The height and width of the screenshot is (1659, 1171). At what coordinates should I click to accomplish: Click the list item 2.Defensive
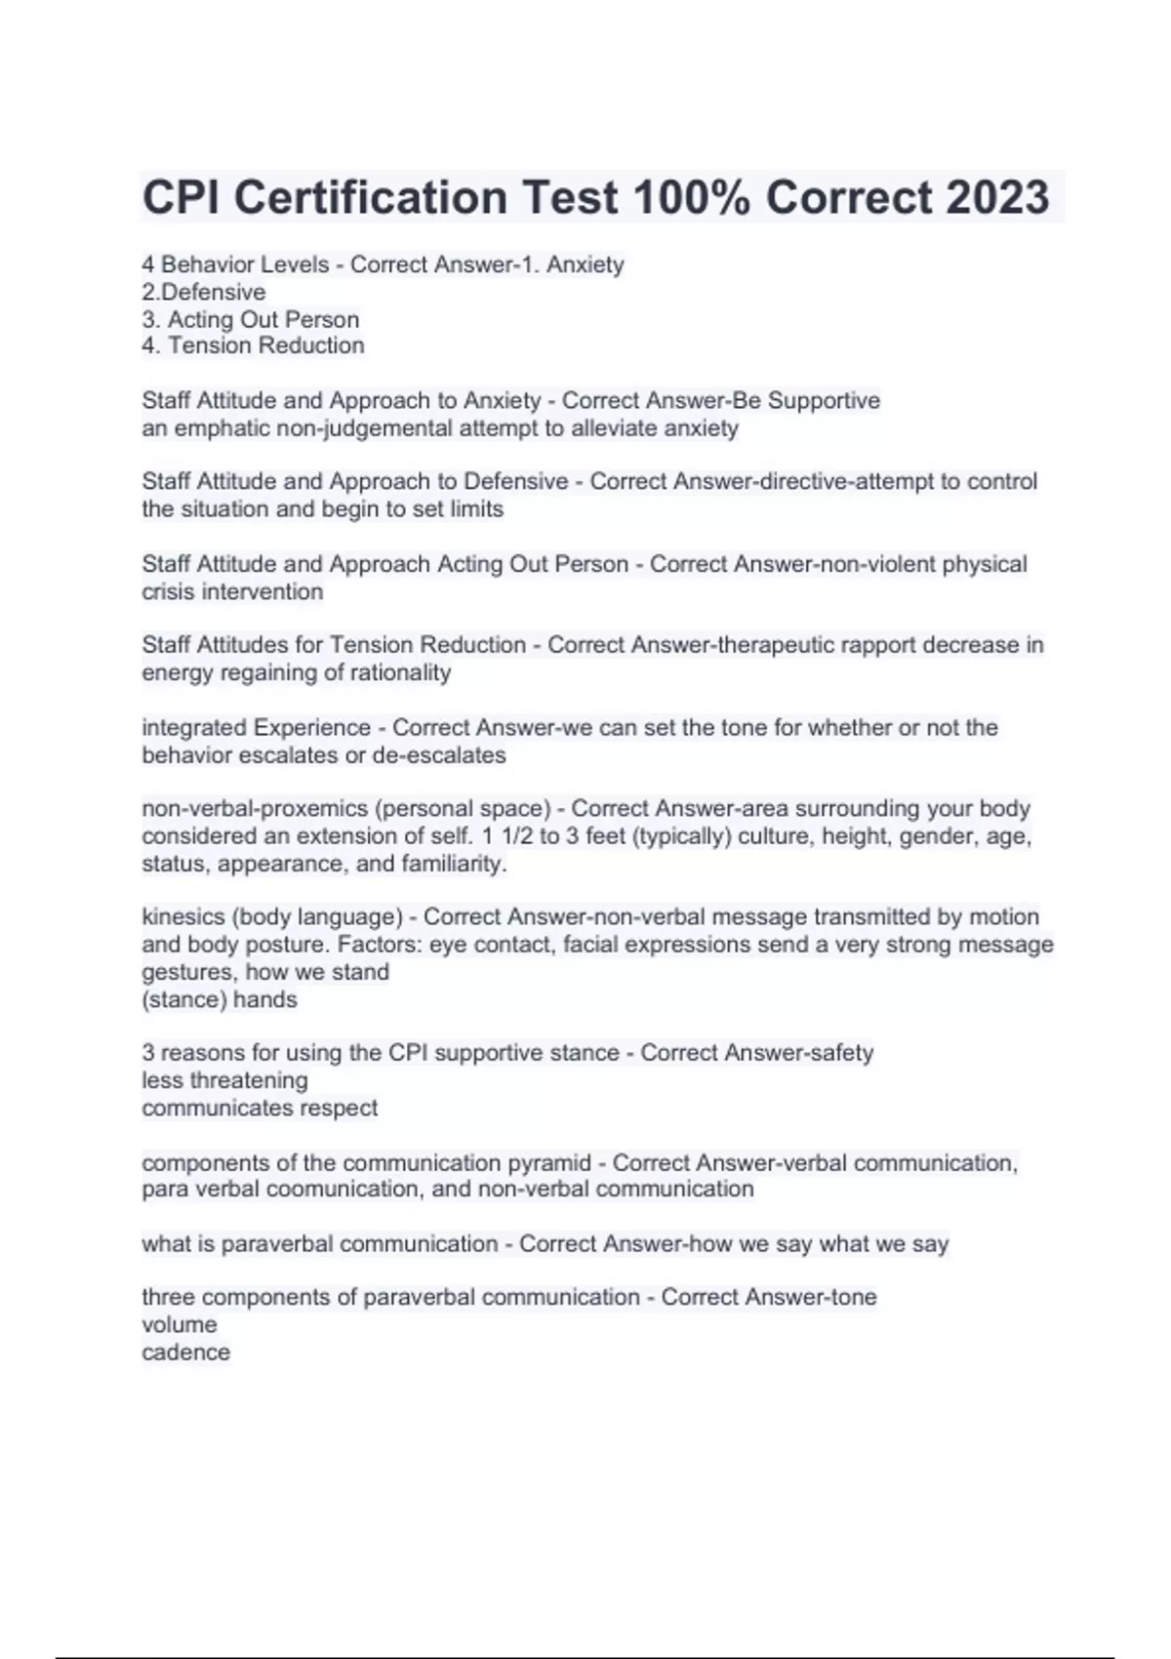pyautogui.click(x=203, y=292)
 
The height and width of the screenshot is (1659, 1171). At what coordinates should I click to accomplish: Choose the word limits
pyautogui.click(x=476, y=509)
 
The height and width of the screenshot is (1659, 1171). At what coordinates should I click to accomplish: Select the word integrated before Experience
pyautogui.click(x=194, y=728)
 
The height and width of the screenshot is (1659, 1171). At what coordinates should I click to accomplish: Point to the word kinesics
pyautogui.click(x=182, y=917)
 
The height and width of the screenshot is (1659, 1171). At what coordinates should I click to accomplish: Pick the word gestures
pyautogui.click(x=189, y=972)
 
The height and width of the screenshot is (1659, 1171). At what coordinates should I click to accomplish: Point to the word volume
pyautogui.click(x=179, y=1325)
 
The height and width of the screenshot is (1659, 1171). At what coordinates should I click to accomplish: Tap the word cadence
pyautogui.click(x=185, y=1353)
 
